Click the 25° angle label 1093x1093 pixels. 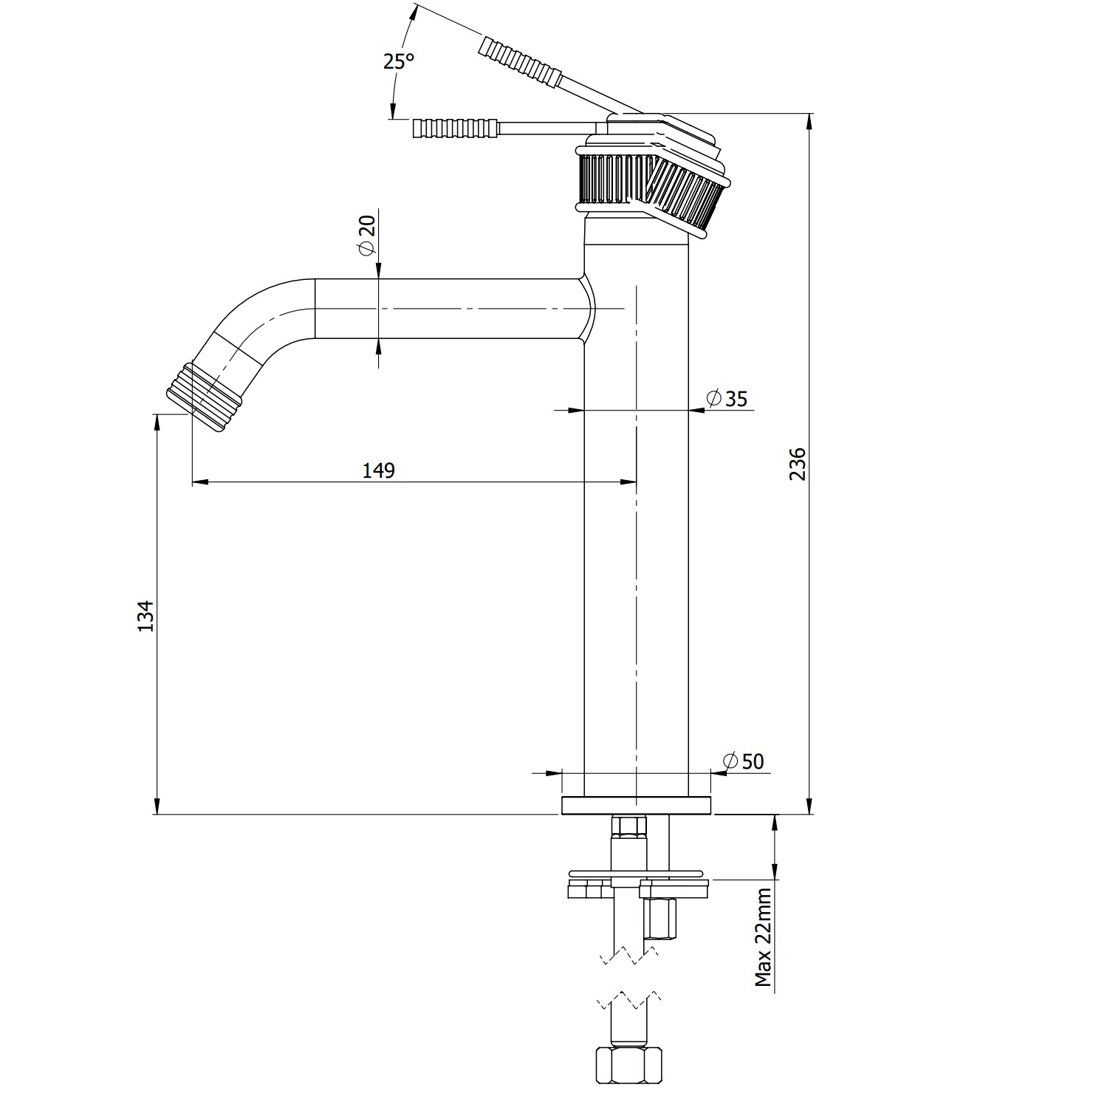[398, 61]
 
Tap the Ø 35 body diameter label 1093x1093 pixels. [727, 399]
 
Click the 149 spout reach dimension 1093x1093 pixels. [379, 470]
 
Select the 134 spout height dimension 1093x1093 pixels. [145, 615]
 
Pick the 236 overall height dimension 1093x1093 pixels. [798, 464]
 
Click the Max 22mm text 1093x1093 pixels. [763, 938]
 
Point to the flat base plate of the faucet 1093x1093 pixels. [637, 806]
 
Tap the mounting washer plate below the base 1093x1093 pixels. [640, 879]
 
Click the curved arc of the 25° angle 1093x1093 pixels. [399, 89]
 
